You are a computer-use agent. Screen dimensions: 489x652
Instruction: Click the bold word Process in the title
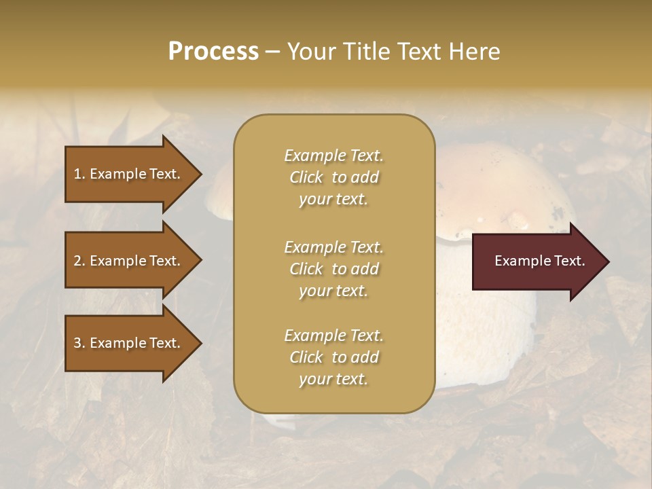point(213,52)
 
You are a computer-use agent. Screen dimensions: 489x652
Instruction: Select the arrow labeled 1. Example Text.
point(129,174)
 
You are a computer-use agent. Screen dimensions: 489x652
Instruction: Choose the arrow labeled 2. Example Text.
point(129,261)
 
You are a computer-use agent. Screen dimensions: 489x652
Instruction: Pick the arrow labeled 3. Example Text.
point(129,343)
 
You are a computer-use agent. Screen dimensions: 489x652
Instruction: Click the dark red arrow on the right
point(537,261)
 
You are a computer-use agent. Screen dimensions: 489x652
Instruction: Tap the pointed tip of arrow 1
point(200,174)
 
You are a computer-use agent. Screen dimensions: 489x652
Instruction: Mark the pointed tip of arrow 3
point(200,343)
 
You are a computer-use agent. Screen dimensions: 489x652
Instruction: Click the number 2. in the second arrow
point(79,261)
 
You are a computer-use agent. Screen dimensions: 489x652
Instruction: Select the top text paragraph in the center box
point(333,177)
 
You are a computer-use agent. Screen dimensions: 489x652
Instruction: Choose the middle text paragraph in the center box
point(333,269)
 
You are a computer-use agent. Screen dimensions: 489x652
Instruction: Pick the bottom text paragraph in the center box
point(333,357)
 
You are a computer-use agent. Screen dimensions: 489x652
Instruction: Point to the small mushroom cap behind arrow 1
point(219,194)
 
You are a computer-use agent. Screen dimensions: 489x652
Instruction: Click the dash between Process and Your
point(273,52)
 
